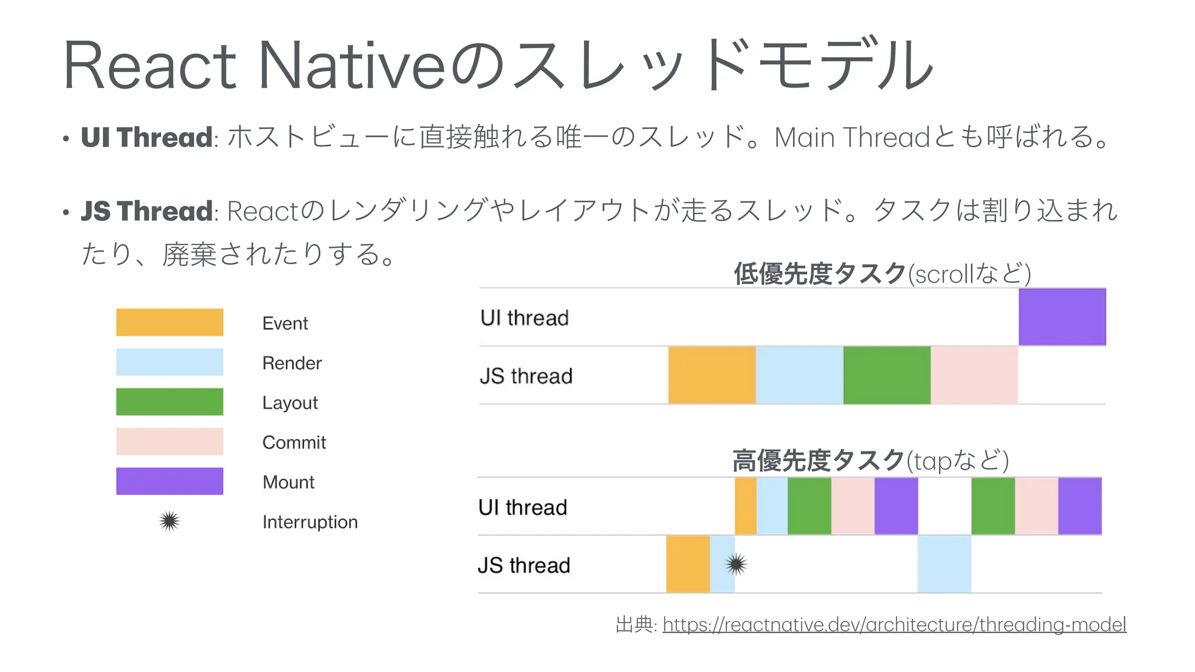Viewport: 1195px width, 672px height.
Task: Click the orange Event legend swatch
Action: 169,322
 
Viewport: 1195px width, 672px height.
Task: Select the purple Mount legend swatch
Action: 169,481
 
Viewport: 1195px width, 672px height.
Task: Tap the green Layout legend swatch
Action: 169,402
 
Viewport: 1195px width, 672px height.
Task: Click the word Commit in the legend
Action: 294,442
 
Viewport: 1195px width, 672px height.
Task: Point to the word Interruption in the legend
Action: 310,521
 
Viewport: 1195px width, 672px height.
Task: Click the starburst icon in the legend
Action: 169,521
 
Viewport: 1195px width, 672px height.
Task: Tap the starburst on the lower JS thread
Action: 736,564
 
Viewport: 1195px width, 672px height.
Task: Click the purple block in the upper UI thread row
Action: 1062,317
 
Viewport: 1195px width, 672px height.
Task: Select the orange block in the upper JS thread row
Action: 712,375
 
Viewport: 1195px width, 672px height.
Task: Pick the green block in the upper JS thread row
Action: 887,375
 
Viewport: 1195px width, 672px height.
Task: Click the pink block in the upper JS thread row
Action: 974,375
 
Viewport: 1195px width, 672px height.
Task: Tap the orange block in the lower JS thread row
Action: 688,564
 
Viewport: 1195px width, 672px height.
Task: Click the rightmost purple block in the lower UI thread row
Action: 1079,506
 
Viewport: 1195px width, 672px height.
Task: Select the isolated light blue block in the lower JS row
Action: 944,564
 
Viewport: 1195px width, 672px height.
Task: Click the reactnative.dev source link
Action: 894,625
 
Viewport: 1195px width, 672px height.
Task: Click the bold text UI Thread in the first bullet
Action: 146,138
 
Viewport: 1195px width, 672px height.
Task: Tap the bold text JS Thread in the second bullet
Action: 146,211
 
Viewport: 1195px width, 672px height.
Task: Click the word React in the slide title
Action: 149,65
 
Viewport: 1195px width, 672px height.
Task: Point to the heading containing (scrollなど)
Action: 882,273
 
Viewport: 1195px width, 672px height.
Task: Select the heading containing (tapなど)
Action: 870,460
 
